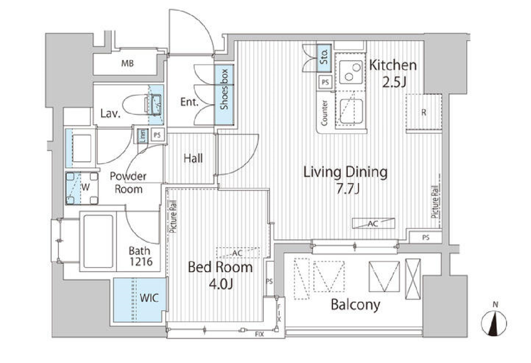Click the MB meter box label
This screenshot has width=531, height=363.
[x=128, y=63]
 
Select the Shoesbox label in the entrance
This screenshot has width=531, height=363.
[x=224, y=89]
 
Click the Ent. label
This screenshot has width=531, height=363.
[x=189, y=102]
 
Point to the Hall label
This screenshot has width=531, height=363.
[x=193, y=158]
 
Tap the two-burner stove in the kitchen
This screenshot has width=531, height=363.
[x=351, y=72]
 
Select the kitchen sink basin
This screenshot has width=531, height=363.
[x=351, y=111]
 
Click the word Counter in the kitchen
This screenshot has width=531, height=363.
[x=324, y=113]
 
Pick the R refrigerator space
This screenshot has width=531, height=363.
[x=424, y=112]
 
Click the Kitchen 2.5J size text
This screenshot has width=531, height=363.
[x=394, y=82]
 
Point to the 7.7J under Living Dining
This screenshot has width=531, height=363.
[x=348, y=189]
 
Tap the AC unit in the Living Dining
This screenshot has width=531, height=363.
[x=373, y=223]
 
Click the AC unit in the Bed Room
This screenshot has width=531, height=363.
[x=238, y=253]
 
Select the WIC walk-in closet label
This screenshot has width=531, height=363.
[x=149, y=298]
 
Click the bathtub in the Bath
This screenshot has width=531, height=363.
[x=98, y=241]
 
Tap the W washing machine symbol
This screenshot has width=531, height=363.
[x=82, y=188]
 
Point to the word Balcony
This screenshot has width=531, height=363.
[x=355, y=305]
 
